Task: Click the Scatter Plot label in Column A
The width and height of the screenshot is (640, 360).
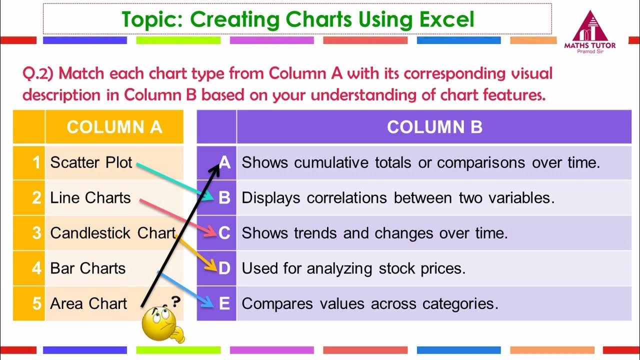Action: pyautogui.click(x=91, y=162)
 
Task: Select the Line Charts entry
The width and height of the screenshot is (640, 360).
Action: pyautogui.click(x=90, y=198)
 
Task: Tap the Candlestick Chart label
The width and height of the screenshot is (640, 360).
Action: pyautogui.click(x=113, y=233)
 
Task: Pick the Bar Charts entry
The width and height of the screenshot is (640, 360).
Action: pyautogui.click(x=88, y=268)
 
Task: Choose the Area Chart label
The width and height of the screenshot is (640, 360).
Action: pyautogui.click(x=89, y=303)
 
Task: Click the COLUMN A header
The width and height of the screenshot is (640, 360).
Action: pyautogui.click(x=114, y=127)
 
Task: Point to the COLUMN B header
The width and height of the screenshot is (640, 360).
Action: pyautogui.click(x=434, y=127)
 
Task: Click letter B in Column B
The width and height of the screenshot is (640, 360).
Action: pyautogui.click(x=224, y=198)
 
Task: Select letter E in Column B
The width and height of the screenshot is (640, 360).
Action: pyautogui.click(x=224, y=303)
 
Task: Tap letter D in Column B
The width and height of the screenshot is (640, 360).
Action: pyautogui.click(x=224, y=268)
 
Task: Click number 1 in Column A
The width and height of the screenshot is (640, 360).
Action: pyautogui.click(x=36, y=162)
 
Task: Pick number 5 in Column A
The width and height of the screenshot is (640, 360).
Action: pyautogui.click(x=36, y=303)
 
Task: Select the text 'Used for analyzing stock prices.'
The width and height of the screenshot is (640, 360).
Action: pyautogui.click(x=353, y=268)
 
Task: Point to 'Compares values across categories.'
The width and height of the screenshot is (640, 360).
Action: pyautogui.click(x=370, y=303)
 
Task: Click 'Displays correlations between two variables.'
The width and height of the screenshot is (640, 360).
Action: pyautogui.click(x=398, y=198)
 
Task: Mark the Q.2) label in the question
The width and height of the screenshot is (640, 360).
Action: pyautogui.click(x=40, y=74)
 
